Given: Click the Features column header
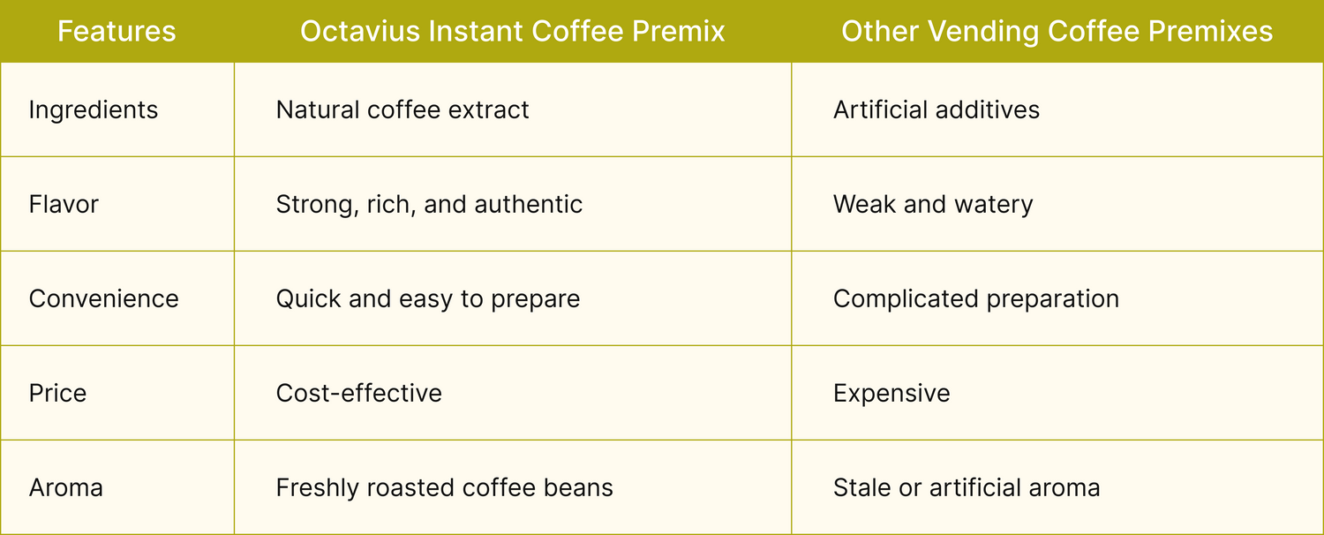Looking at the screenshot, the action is click(x=117, y=31).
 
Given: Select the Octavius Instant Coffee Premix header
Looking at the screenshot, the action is click(x=513, y=31).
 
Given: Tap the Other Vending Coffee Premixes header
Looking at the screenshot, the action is click(x=1057, y=31).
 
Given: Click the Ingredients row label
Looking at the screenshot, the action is click(x=94, y=110).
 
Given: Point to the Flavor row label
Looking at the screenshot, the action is click(x=64, y=205).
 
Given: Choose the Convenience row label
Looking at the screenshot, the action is click(x=103, y=299).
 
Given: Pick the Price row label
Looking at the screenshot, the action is click(x=58, y=394).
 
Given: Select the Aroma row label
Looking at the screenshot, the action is click(x=65, y=488).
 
